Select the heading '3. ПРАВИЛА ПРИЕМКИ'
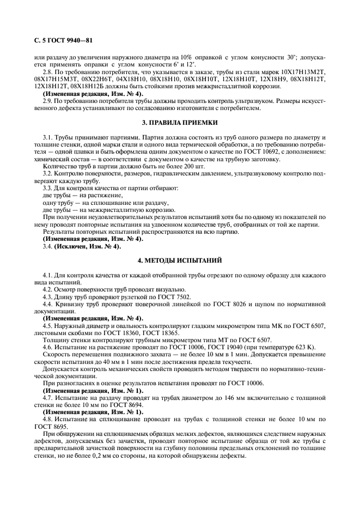pyautogui.click(x=179, y=123)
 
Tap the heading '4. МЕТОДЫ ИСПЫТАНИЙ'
pyautogui.click(x=179, y=261)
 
